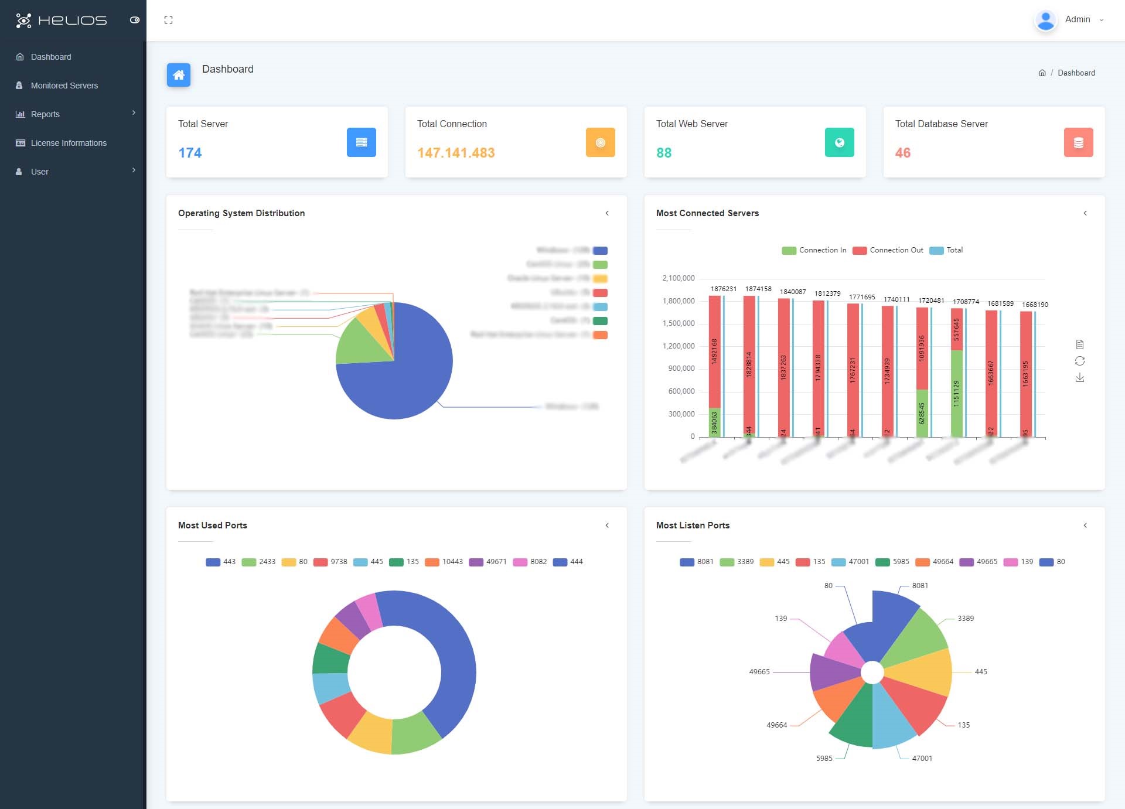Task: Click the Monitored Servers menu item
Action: (64, 86)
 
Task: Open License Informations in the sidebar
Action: (69, 143)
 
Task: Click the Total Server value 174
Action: (190, 153)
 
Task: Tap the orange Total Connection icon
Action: (600, 142)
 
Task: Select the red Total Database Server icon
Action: (1078, 142)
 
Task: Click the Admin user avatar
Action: (1045, 20)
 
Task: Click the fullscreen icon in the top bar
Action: (169, 20)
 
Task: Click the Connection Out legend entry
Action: (888, 250)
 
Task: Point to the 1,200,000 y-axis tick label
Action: (678, 346)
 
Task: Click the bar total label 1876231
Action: (723, 289)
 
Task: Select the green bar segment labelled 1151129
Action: (956, 393)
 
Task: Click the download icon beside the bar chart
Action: (1080, 378)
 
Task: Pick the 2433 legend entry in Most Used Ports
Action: (259, 562)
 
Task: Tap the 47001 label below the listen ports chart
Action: (922, 758)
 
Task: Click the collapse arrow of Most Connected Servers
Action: (1085, 213)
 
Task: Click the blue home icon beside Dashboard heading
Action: (179, 75)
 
